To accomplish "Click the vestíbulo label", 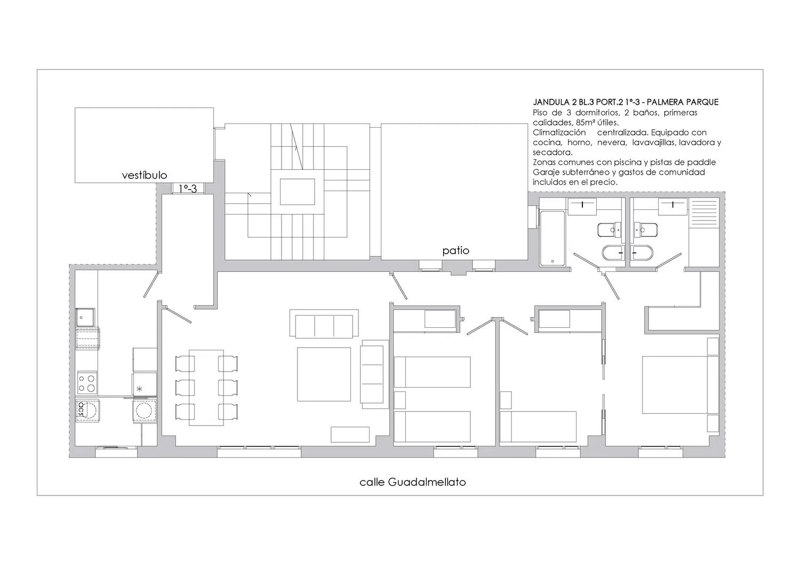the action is click(x=145, y=175).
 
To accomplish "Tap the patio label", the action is click(x=455, y=250).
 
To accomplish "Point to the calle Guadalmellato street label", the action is click(x=412, y=482).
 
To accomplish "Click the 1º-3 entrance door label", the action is click(x=188, y=188).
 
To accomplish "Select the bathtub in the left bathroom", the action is click(x=552, y=239).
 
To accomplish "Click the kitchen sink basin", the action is click(x=85, y=317).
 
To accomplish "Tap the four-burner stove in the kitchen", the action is click(x=87, y=383).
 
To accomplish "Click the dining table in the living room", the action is click(x=206, y=388).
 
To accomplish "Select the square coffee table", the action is click(x=324, y=374).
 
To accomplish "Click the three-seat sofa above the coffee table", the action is click(x=324, y=324).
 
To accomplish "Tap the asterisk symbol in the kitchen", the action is click(x=140, y=389).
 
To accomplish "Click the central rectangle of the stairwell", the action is click(x=297, y=192).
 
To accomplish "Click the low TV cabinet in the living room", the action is click(x=350, y=435).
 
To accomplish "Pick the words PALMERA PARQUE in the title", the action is click(x=686, y=103).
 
